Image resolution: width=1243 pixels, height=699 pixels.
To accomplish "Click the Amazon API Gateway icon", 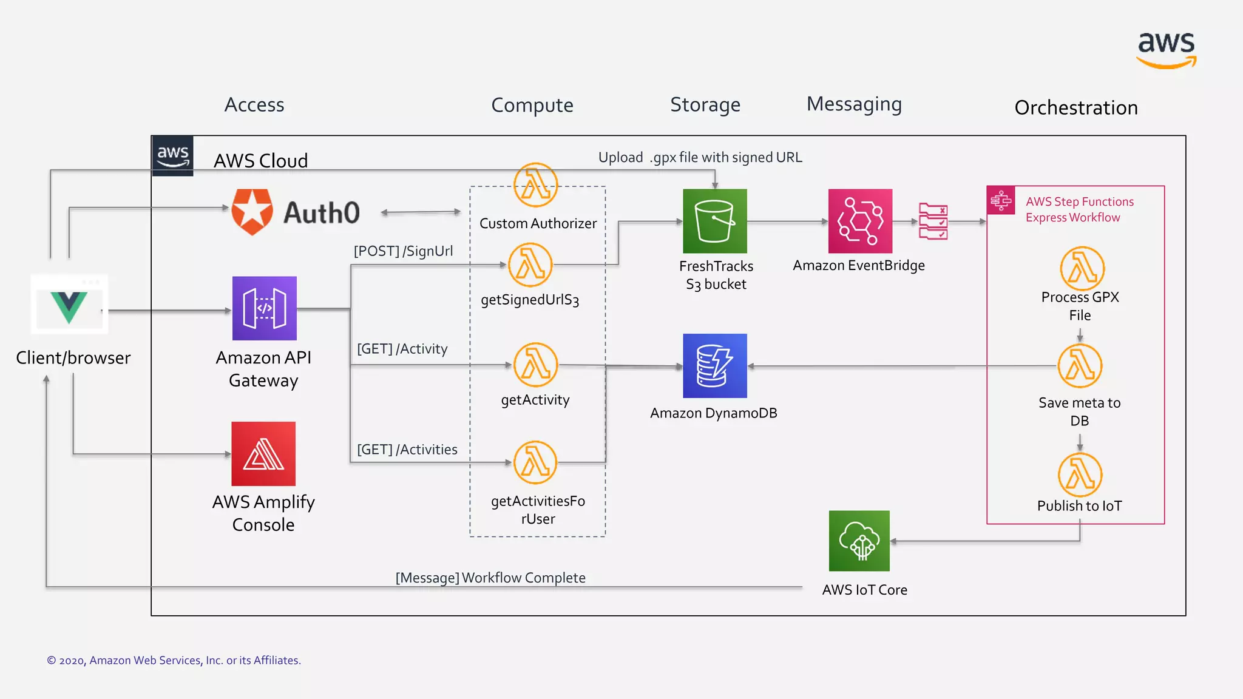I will tap(264, 308).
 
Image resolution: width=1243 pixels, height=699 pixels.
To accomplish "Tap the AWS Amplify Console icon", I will tap(263, 454).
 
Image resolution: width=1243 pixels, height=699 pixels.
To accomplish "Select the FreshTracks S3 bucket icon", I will tap(714, 221).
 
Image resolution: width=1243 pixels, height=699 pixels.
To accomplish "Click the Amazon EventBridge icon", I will tap(860, 221).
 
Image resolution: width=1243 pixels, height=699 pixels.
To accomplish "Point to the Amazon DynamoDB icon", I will tap(714, 366).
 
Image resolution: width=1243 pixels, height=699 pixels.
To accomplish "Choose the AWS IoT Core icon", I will tap(859, 541).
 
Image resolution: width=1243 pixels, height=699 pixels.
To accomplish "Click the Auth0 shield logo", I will tap(252, 212).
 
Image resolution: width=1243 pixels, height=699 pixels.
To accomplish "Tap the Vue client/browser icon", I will tap(69, 305).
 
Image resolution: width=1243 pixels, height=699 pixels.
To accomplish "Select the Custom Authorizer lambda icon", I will tap(535, 185).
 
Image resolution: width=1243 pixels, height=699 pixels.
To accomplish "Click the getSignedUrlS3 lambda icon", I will tap(530, 265).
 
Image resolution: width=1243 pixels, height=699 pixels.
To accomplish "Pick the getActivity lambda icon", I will tap(535, 365).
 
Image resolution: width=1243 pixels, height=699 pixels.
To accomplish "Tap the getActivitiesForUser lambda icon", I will tap(535, 462).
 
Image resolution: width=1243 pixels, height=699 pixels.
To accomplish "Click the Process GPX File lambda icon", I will tap(1082, 268).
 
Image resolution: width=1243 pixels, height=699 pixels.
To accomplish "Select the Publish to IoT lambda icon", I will tap(1080, 474).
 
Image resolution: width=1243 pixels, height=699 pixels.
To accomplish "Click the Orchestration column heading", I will tap(1076, 107).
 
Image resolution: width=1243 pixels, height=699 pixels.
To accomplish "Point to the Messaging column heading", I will tap(854, 104).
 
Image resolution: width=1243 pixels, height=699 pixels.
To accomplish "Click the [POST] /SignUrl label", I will tap(403, 251).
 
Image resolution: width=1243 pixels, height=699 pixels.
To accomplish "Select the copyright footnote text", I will tap(174, 660).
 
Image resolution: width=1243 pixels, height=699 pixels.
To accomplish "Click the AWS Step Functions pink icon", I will tap(1001, 201).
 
